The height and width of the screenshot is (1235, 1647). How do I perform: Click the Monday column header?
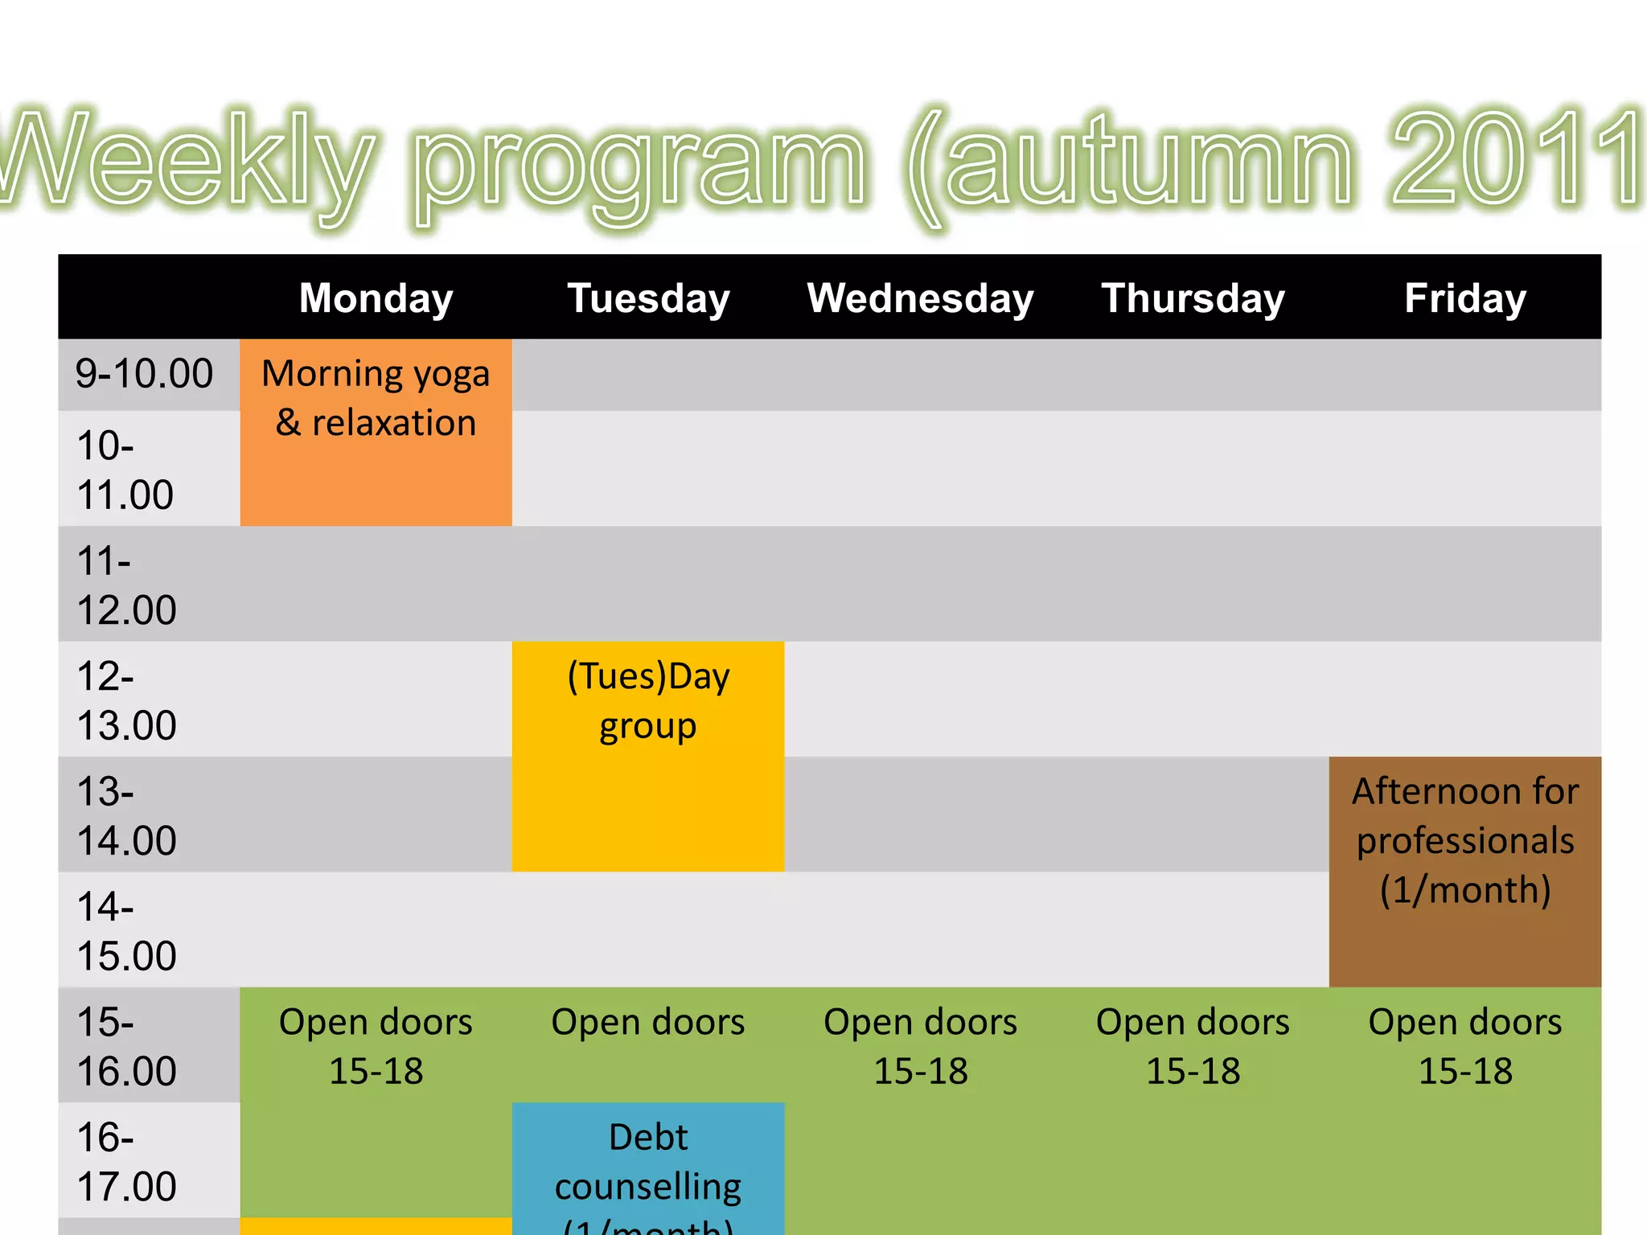[376, 298]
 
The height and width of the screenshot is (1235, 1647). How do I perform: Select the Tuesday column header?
[648, 298]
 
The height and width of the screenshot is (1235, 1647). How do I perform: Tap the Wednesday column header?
[920, 298]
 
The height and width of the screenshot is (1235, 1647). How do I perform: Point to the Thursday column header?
[1193, 298]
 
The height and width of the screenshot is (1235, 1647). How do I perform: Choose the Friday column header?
[1464, 298]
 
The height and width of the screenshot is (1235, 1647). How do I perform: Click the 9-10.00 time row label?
[144, 374]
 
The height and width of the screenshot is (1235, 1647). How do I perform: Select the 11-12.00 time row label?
[126, 585]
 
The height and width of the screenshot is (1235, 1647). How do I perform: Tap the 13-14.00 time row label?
[126, 815]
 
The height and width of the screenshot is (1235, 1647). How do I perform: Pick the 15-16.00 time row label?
[126, 1046]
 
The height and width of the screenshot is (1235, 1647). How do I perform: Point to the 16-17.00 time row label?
[126, 1161]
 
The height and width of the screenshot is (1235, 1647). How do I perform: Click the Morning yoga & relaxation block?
[376, 399]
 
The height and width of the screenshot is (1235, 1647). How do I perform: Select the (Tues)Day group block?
[648, 701]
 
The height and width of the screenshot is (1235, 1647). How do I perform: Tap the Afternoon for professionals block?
[1465, 841]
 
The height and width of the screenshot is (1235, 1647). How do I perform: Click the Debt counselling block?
[648, 1163]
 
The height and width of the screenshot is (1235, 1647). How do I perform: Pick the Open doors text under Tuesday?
[648, 1022]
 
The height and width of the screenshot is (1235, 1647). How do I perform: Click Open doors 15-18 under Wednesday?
[920, 1046]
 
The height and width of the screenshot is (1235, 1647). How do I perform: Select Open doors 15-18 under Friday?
[1465, 1046]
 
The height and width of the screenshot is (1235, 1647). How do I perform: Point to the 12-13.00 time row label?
[126, 700]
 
